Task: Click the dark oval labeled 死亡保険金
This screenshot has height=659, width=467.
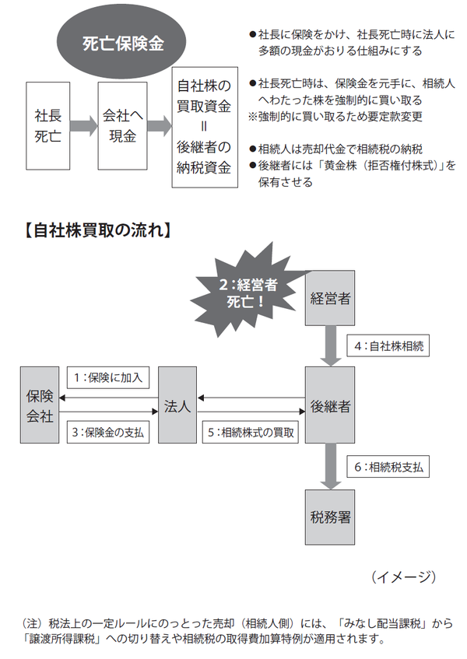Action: [x=123, y=44]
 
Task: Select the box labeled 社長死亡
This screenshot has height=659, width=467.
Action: [x=47, y=125]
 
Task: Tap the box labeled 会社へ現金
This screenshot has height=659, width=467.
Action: [x=123, y=125]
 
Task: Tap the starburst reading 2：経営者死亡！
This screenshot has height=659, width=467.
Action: [x=245, y=290]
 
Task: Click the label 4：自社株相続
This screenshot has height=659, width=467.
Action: [x=388, y=343]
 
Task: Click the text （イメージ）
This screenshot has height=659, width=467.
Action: [x=403, y=576]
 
